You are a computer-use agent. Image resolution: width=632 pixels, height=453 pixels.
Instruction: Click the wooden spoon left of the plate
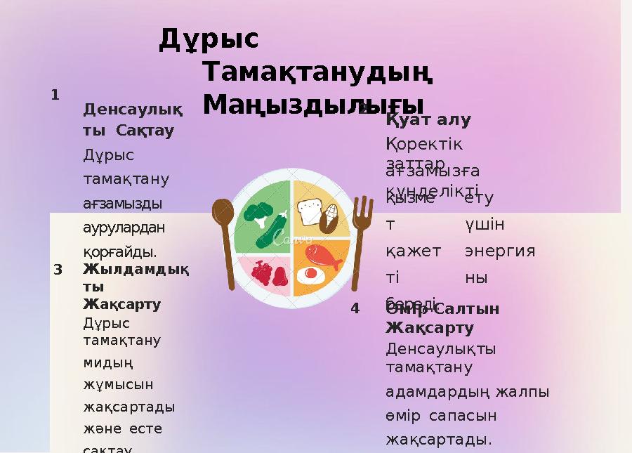pos(225,239)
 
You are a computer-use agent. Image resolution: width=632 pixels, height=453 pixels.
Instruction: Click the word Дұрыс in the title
pos(209,39)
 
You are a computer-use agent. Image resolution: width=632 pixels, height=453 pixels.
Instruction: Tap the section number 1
pos(55,94)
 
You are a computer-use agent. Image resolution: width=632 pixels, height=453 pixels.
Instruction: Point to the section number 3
pos(58,269)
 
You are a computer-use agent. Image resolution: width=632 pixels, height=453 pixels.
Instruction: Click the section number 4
pos(355,308)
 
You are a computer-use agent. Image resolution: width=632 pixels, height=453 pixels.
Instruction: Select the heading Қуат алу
pos(428,119)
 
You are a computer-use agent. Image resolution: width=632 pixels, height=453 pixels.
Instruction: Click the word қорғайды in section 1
pos(120,252)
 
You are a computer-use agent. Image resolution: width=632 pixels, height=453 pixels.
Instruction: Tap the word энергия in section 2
pos(500,251)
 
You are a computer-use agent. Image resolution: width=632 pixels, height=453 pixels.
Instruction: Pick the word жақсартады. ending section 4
pos(439,440)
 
